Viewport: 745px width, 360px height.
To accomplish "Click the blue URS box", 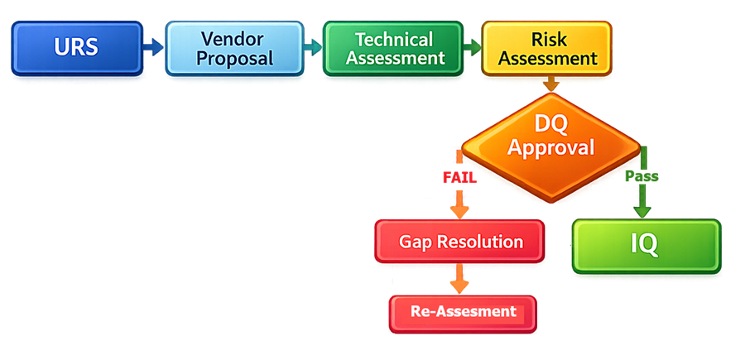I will pyautogui.click(x=76, y=47).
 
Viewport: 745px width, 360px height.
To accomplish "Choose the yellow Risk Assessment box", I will pyautogui.click(x=547, y=48).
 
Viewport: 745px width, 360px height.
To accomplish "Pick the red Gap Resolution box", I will pyautogui.click(x=460, y=242).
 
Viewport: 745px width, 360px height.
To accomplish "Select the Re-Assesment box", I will pyautogui.click(x=463, y=312).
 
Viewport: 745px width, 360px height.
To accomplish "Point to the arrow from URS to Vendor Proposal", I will pyautogui.click(x=153, y=47).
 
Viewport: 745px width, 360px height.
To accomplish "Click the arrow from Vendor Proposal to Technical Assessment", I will pyautogui.click(x=311, y=47).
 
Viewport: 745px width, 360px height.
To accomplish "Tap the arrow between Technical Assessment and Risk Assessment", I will pyautogui.click(x=472, y=47).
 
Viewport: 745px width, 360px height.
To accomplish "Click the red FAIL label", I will pyautogui.click(x=459, y=177).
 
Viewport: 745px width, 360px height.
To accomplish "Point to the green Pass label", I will pyautogui.click(x=642, y=177).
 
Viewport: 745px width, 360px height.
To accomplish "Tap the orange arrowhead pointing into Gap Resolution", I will pyautogui.click(x=458, y=210).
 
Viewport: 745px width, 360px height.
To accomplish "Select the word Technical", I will pyautogui.click(x=393, y=38).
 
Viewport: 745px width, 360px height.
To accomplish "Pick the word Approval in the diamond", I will pyautogui.click(x=550, y=148).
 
